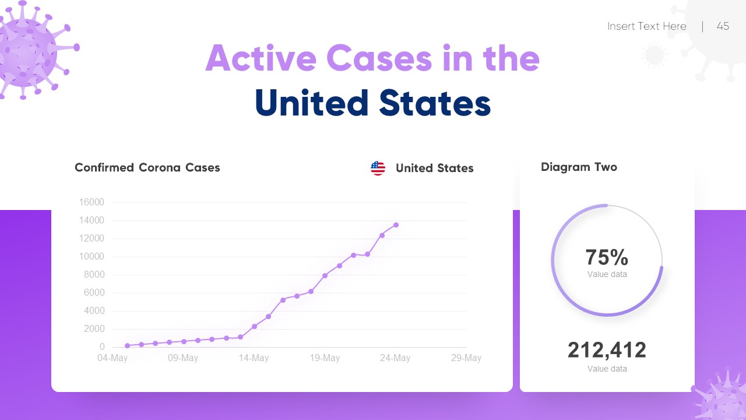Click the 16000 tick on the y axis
[92, 202]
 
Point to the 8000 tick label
[93, 275]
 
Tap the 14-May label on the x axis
[254, 358]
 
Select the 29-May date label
[466, 358]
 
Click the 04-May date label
[112, 358]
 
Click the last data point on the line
[396, 225]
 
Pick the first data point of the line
[127, 346]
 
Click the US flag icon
[378, 168]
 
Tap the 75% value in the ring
[607, 257]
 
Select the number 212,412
[607, 350]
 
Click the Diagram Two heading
[579, 167]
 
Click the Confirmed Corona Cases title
[147, 168]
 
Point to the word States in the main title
[435, 103]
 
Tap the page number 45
[723, 26]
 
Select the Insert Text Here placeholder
[646, 26]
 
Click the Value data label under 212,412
[607, 369]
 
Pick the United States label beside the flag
[434, 169]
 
